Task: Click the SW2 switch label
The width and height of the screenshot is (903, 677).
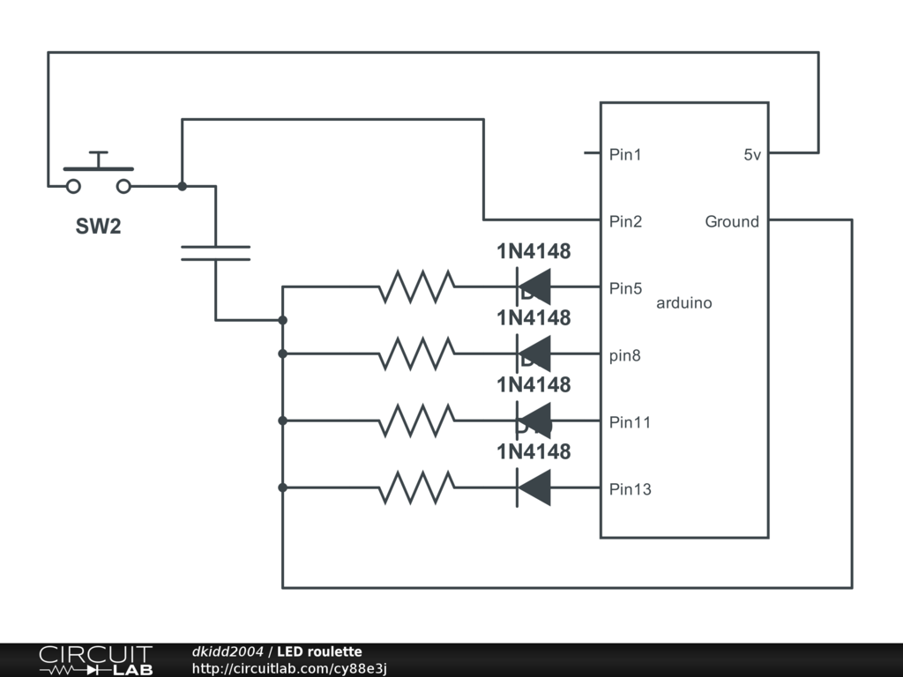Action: tap(98, 227)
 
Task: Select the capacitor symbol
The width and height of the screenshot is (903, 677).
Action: tap(215, 253)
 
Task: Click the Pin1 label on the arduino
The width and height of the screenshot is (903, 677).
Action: tap(625, 155)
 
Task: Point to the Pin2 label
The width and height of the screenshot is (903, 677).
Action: tap(625, 222)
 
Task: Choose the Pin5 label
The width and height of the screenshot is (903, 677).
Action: tap(625, 288)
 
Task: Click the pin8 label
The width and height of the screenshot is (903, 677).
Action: tap(625, 356)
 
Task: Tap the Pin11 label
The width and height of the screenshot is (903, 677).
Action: tap(630, 422)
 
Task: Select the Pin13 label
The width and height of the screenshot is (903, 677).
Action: tap(630, 489)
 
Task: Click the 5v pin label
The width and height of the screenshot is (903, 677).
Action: tap(751, 155)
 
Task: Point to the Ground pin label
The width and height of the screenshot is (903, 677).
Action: tap(731, 222)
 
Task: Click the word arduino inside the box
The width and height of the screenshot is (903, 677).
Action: tap(683, 303)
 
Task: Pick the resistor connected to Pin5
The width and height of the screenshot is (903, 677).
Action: tap(416, 286)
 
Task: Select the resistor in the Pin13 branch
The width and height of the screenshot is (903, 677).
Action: tap(416, 487)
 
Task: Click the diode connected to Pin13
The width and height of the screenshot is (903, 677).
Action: tap(534, 487)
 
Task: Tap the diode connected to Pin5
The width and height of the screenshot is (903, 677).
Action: tap(534, 286)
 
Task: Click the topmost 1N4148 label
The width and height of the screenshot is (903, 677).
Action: tap(534, 251)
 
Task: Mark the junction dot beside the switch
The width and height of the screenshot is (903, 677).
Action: tap(182, 186)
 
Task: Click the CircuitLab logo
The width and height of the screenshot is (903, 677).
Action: tap(95, 660)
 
